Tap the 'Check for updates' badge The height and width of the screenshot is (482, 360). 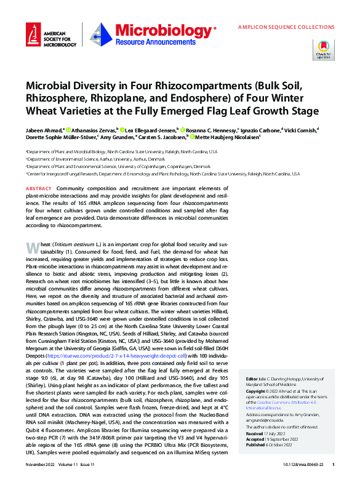pyautogui.click(x=324, y=49)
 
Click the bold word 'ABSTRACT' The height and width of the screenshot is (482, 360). pyautogui.click(x=39, y=188)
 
